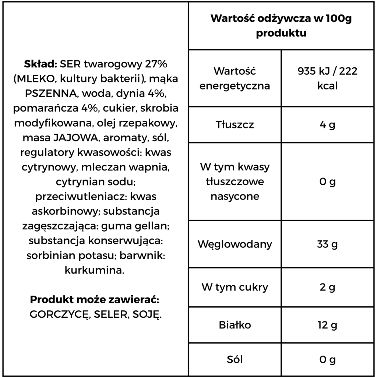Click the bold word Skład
pyautogui.click(x=40, y=64)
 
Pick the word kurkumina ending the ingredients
pyautogui.click(x=94, y=270)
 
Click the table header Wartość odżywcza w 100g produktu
pyautogui.click(x=281, y=26)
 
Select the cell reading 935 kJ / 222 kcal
pyautogui.click(x=327, y=78)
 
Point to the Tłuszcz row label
pyautogui.click(x=235, y=124)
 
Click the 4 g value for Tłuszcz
pyautogui.click(x=327, y=124)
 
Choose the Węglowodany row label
pyautogui.click(x=235, y=244)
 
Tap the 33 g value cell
pyautogui.click(x=327, y=244)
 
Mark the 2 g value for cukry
pyautogui.click(x=327, y=287)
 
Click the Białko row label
pyautogui.click(x=235, y=325)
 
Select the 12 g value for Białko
pyautogui.click(x=327, y=325)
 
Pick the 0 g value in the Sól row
pyautogui.click(x=327, y=359)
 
